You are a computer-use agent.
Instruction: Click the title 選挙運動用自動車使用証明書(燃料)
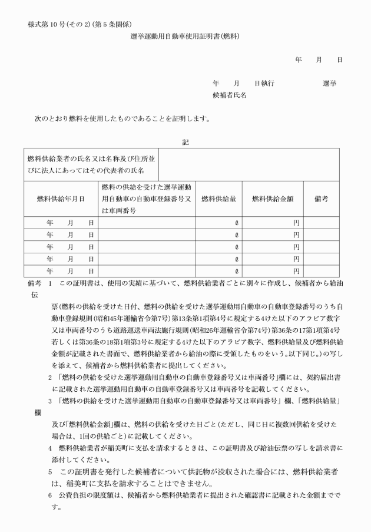coord(185,36)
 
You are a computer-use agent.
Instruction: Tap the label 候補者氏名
coord(229,95)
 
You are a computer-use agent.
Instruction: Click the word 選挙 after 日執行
coord(329,84)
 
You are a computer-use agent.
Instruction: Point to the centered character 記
coord(185,141)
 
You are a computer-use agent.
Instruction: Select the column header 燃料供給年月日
coord(61,199)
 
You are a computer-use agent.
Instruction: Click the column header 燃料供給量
coord(218,199)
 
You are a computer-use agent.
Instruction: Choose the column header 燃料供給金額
coord(273,199)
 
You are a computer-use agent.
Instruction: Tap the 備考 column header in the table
coord(322,199)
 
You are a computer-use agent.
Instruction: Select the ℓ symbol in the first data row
coord(236,223)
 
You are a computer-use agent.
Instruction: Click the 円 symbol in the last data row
coord(296,271)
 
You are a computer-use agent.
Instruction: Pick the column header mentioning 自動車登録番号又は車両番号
coord(147,199)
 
